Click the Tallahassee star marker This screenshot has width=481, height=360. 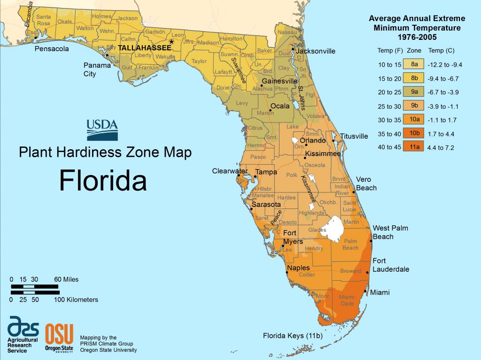(171, 42)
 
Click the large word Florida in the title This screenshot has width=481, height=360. (103, 179)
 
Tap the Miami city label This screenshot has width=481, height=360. (380, 292)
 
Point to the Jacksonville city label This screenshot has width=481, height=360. (316, 51)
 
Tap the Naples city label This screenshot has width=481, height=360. (298, 268)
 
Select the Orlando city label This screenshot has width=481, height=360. (313, 140)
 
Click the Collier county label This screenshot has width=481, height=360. (307, 275)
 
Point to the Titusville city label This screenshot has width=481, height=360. (354, 137)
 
